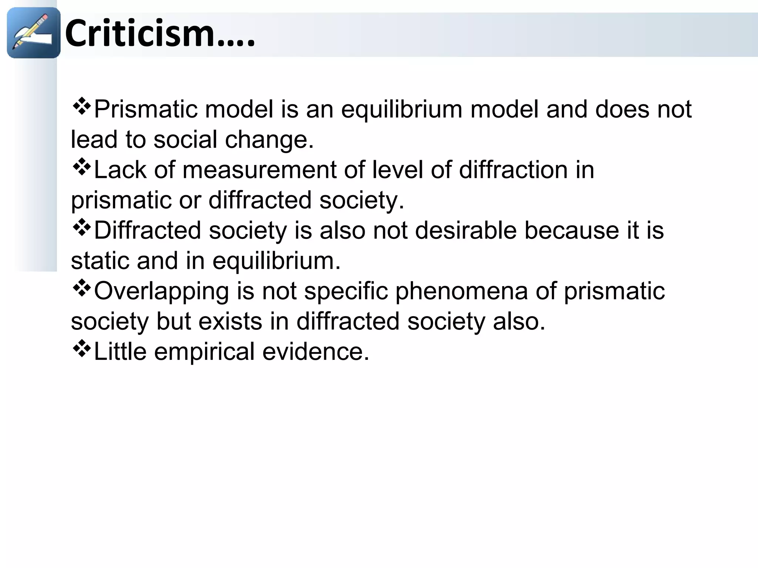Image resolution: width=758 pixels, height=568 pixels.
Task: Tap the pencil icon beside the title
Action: [x=33, y=33]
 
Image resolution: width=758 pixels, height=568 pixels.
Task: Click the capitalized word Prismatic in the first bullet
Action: [x=146, y=109]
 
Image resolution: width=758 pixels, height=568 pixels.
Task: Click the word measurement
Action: [x=259, y=170]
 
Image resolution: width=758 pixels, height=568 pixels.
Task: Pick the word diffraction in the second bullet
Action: [x=513, y=170]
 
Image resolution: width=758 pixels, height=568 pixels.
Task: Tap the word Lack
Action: [x=120, y=170]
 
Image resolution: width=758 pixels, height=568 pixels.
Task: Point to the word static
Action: [x=100, y=261]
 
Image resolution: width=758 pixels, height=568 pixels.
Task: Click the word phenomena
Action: [x=461, y=291]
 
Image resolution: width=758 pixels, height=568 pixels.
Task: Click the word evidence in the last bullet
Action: [x=316, y=352]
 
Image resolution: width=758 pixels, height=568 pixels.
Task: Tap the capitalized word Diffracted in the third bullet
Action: [x=147, y=231]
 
